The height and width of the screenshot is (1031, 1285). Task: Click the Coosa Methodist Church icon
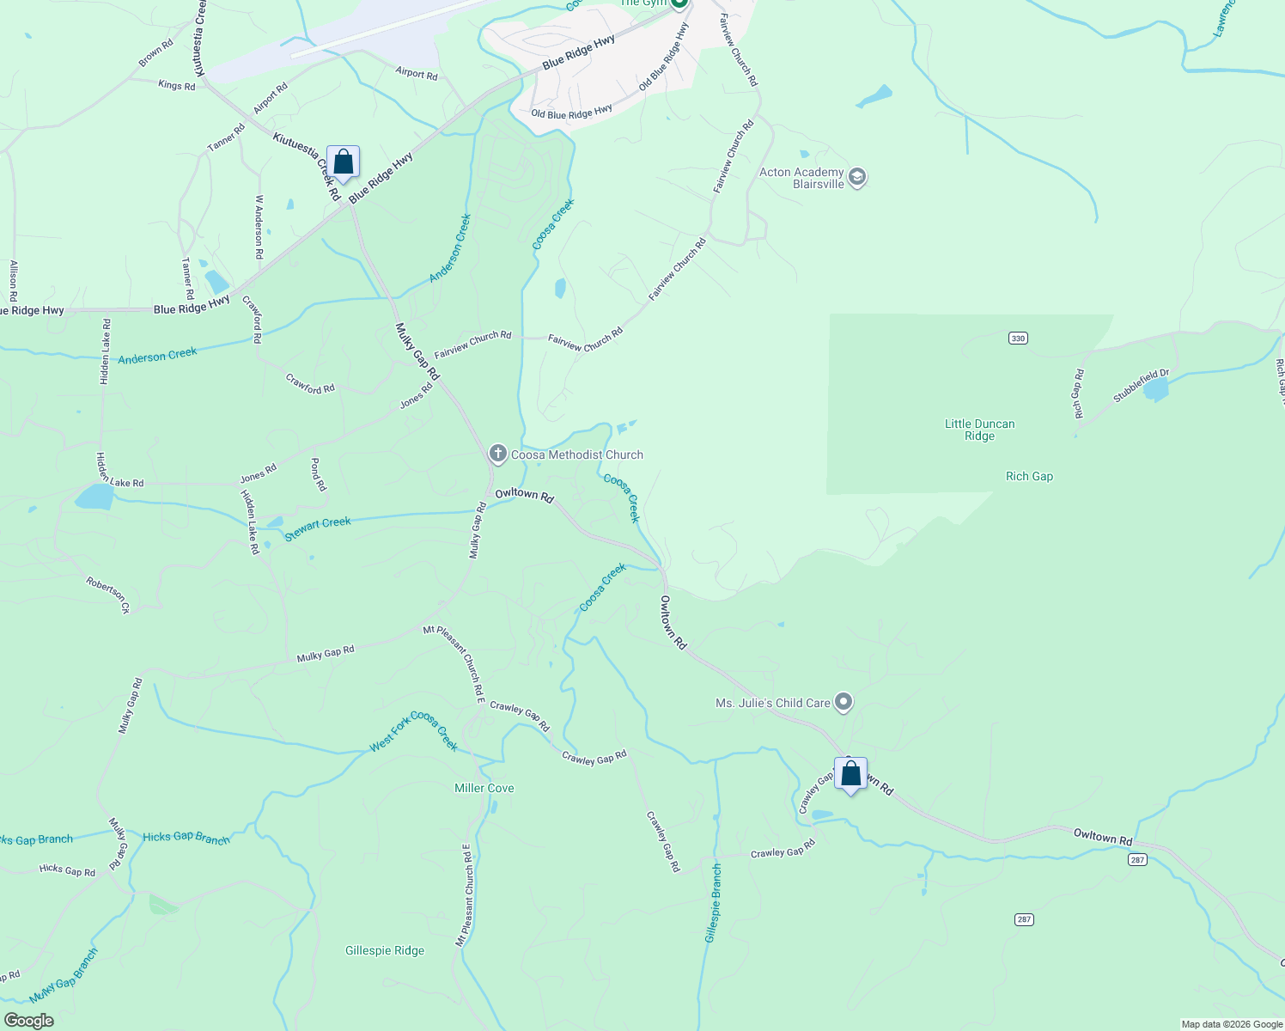tap(497, 453)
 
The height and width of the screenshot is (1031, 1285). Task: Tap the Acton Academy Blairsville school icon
tap(856, 178)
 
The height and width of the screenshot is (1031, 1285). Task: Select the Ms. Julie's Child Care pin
tap(843, 703)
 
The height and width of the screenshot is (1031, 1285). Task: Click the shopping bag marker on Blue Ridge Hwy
tap(343, 162)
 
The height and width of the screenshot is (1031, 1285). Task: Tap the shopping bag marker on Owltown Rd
tap(850, 774)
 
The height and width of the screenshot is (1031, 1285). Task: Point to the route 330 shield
tap(1018, 339)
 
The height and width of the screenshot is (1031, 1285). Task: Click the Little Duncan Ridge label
tap(979, 430)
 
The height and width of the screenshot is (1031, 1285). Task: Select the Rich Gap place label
tap(1029, 476)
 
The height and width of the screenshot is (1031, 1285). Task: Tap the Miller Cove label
tap(484, 788)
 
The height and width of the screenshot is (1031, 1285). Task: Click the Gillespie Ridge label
tap(385, 950)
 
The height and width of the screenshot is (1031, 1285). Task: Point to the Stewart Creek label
tap(318, 528)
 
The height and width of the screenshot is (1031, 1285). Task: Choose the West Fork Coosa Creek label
tap(413, 731)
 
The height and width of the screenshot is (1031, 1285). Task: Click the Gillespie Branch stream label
tap(713, 903)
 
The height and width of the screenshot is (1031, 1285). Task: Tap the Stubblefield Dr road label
tap(1141, 387)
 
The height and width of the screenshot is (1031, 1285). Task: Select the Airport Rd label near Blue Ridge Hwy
tap(417, 74)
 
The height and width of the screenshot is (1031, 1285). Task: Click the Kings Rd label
tap(177, 85)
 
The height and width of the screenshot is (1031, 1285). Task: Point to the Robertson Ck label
tap(107, 595)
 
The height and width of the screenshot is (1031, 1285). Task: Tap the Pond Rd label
tap(318, 474)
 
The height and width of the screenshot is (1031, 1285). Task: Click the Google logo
tap(29, 1021)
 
